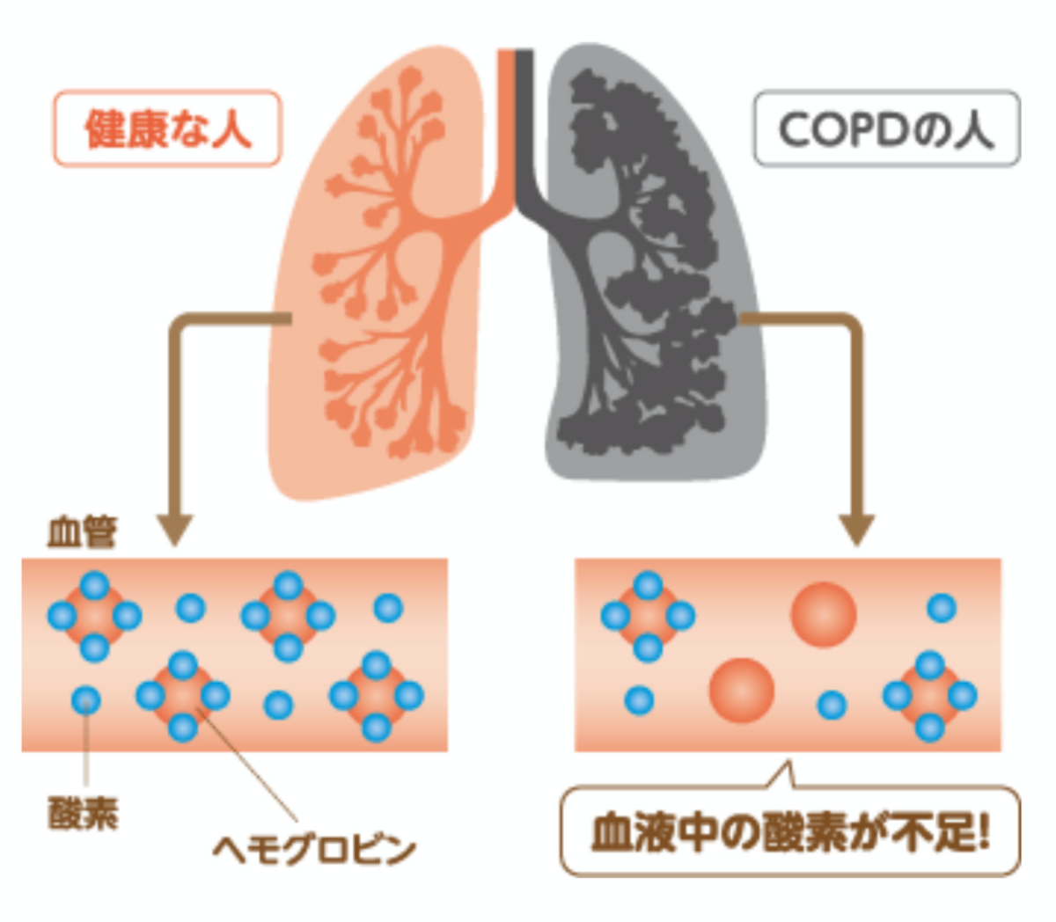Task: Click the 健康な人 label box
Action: (167, 128)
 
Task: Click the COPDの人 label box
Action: (886, 128)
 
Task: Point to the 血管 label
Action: (81, 533)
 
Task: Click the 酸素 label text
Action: (83, 814)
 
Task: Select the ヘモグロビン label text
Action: (313, 849)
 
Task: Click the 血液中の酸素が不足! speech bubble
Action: (790, 832)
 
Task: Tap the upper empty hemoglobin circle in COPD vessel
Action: (823, 614)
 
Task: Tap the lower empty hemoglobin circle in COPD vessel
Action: (742, 690)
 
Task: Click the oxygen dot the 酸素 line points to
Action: (85, 701)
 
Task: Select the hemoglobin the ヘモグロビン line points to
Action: (183, 696)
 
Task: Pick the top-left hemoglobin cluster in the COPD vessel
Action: (648, 616)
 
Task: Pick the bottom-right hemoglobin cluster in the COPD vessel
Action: (929, 695)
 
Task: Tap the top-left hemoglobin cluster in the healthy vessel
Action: (94, 616)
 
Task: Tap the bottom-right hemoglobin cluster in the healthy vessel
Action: (376, 696)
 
